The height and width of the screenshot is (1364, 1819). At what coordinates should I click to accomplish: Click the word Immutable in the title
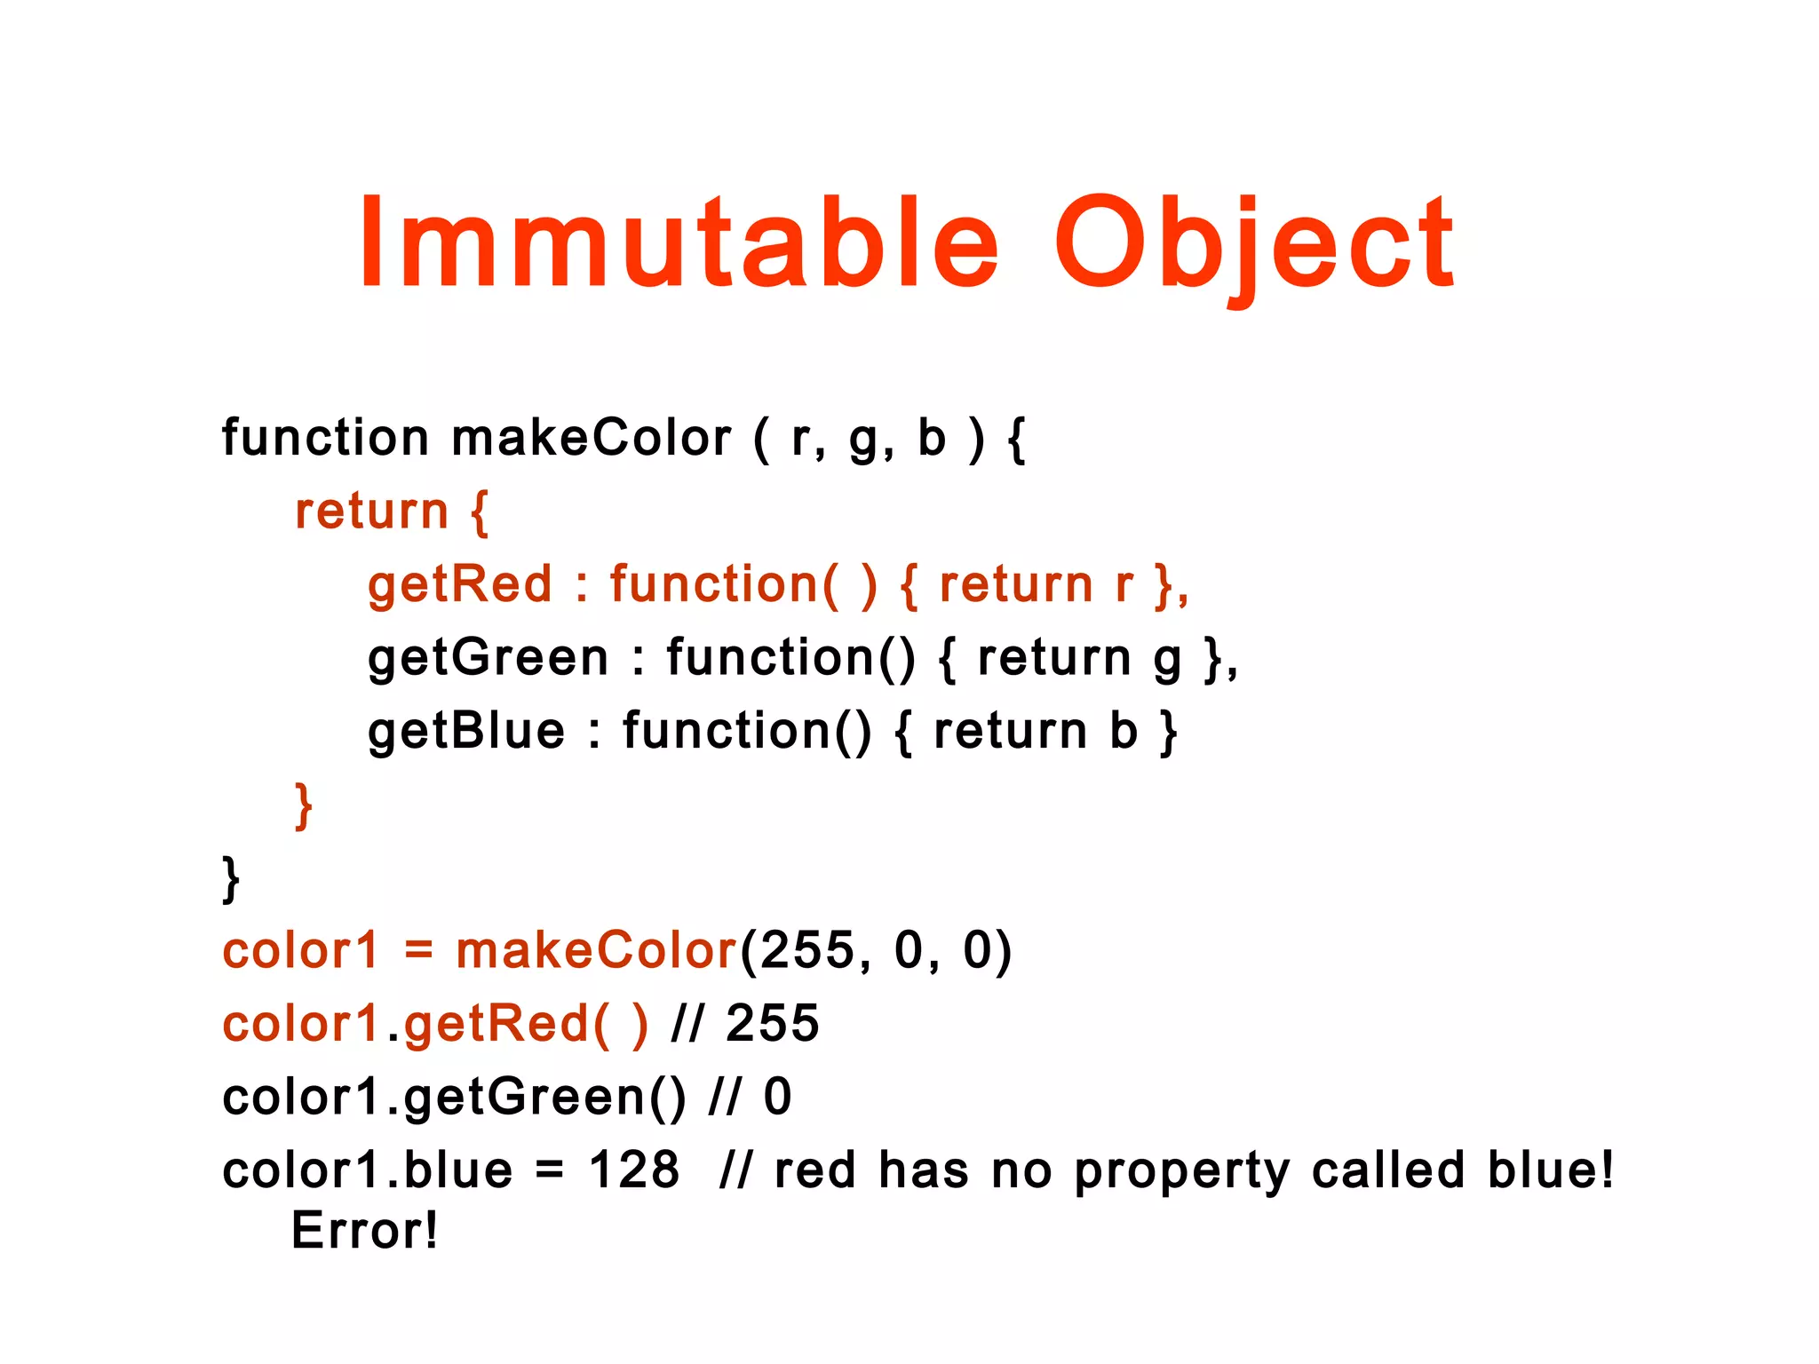pos(679,243)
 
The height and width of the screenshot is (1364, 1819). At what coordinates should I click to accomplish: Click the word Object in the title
pos(1252,245)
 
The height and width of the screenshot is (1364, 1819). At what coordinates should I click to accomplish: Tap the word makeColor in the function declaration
pos(591,439)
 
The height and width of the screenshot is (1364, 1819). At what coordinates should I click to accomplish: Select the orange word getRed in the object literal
pos(460,586)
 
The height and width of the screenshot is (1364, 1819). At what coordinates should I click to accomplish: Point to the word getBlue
pos(466,733)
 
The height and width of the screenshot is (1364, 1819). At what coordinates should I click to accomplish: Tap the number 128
pos(633,1170)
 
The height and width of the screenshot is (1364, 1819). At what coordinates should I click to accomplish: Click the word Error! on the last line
pos(364,1232)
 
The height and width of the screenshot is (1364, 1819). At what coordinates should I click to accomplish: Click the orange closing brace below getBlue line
pos(304,805)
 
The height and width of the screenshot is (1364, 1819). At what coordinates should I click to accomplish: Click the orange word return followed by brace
pos(371,512)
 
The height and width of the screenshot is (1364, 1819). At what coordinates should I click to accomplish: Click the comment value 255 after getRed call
pos(772,1024)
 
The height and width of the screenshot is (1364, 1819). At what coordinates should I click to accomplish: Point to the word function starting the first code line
pos(325,439)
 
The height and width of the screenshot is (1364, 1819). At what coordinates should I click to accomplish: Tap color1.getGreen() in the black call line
pos(454,1098)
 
